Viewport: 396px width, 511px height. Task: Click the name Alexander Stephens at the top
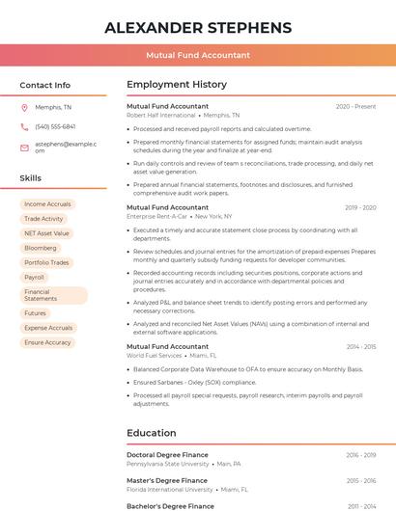198,27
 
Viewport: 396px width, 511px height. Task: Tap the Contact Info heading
45,85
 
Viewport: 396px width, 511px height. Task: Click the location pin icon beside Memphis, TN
24,107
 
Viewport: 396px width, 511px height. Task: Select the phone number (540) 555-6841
55,126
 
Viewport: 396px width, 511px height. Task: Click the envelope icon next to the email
24,147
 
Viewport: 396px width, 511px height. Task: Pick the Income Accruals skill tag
47,204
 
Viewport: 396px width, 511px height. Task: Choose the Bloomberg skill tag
40,248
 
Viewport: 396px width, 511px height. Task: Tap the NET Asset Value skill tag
46,233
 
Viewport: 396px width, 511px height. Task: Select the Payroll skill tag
34,277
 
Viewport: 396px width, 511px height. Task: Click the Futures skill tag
35,313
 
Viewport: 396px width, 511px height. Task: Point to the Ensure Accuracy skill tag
47,342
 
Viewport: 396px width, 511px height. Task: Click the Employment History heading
177,85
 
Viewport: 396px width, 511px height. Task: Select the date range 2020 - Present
355,107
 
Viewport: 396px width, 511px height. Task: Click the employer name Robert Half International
160,116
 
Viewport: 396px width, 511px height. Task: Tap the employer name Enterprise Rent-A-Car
156,217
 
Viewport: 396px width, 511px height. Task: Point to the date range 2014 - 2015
361,347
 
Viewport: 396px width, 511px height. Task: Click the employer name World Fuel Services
155,356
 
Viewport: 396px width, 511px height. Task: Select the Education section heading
152,433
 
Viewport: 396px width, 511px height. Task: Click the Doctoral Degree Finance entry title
167,455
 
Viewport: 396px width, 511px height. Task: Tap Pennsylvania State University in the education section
168,464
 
